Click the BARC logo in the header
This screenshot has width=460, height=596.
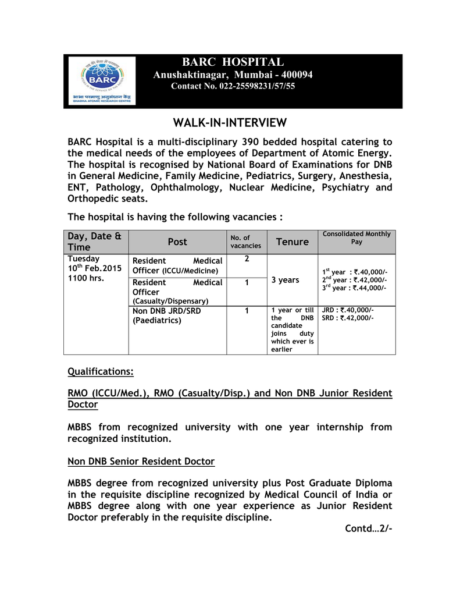pyautogui.click(x=102, y=80)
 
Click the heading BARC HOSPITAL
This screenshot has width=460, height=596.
pyautogui.click(x=233, y=62)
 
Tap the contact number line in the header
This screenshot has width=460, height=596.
pyautogui.click(x=233, y=86)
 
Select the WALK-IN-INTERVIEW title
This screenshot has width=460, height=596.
pyautogui.click(x=230, y=123)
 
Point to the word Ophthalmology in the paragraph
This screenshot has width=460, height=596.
pyautogui.click(x=186, y=187)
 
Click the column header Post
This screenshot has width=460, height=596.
pyautogui.click(x=177, y=242)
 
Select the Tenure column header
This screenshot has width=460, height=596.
pyautogui.click(x=292, y=242)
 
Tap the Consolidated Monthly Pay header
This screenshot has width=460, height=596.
pyautogui.click(x=356, y=237)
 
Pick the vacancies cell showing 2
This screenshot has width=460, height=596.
pyautogui.click(x=247, y=258)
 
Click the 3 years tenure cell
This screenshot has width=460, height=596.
pyautogui.click(x=285, y=280)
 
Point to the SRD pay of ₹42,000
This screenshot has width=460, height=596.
pyautogui.click(x=348, y=318)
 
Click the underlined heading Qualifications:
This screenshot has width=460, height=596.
pyautogui.click(x=101, y=371)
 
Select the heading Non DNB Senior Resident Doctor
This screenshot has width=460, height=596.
pyautogui.click(x=141, y=461)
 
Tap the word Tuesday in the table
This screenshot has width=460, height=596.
pyautogui.click(x=84, y=258)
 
